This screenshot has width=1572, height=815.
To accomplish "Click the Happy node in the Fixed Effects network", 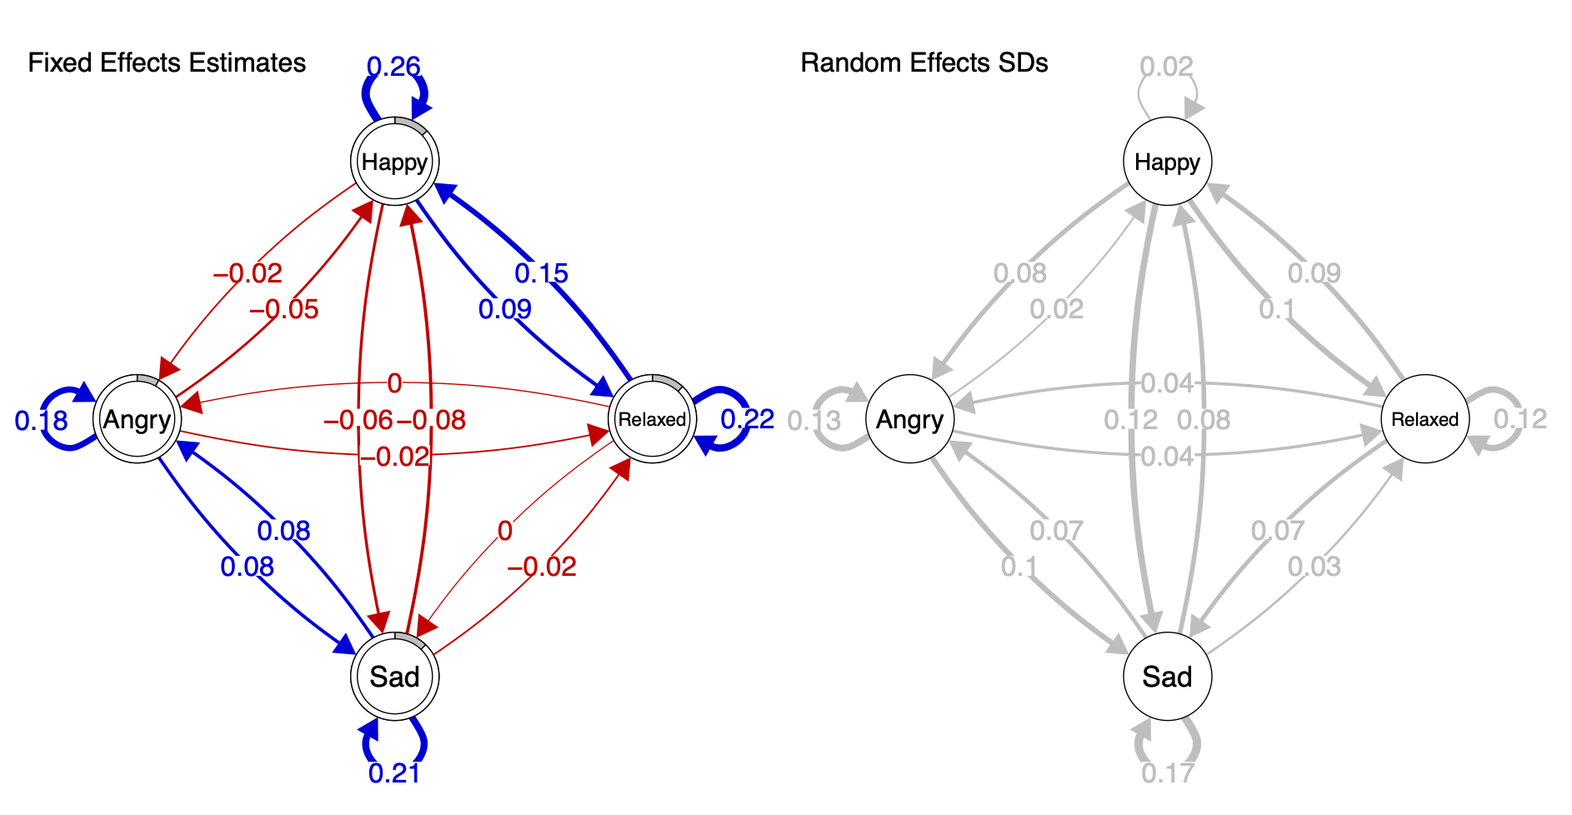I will [394, 162].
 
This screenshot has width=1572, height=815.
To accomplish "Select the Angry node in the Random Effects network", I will [909, 419].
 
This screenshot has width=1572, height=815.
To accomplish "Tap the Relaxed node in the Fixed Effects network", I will [652, 419].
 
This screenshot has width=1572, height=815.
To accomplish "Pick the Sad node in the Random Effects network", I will [1167, 677].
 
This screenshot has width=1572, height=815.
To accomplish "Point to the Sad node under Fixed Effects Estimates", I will [394, 677].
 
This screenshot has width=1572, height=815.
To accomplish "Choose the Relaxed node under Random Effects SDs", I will [1424, 419].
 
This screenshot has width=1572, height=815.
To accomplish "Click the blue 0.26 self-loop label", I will [393, 67].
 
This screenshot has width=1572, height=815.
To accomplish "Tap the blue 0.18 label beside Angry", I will [41, 421].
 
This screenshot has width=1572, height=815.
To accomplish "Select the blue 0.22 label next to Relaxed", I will [747, 419].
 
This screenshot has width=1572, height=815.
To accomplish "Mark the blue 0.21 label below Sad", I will [394, 773].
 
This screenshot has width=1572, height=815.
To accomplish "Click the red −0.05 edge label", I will [284, 310].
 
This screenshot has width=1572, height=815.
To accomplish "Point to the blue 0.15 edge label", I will [541, 273].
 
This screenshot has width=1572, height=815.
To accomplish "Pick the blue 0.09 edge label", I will [504, 310].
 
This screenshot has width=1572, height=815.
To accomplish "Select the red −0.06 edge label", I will [358, 421].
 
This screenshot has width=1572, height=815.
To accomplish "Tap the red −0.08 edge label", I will [431, 421].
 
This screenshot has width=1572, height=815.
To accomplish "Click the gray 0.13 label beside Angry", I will [814, 421].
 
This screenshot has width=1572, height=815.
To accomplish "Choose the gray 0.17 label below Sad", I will [1167, 773].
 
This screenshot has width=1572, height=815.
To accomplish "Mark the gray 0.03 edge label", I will [1314, 567].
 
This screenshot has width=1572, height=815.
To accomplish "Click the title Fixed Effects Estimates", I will [167, 63].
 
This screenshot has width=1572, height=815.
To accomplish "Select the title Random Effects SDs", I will [924, 63].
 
